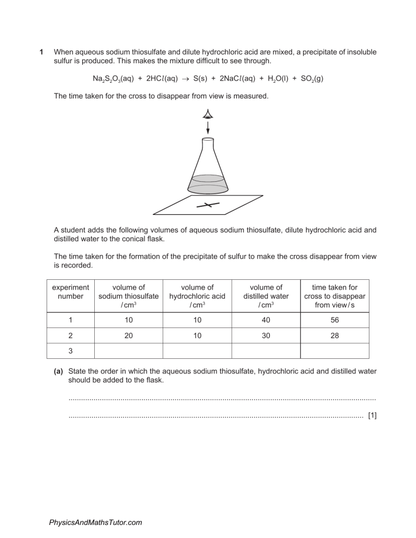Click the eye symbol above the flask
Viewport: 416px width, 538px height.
tap(208, 114)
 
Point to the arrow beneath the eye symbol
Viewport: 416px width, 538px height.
tap(208, 128)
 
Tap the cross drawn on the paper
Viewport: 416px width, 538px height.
tap(208, 205)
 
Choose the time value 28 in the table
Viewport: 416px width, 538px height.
tap(334, 334)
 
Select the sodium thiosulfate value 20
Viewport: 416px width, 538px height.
tap(128, 334)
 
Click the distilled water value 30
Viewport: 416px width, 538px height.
tap(266, 334)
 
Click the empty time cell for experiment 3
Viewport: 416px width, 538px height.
tap(334, 351)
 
